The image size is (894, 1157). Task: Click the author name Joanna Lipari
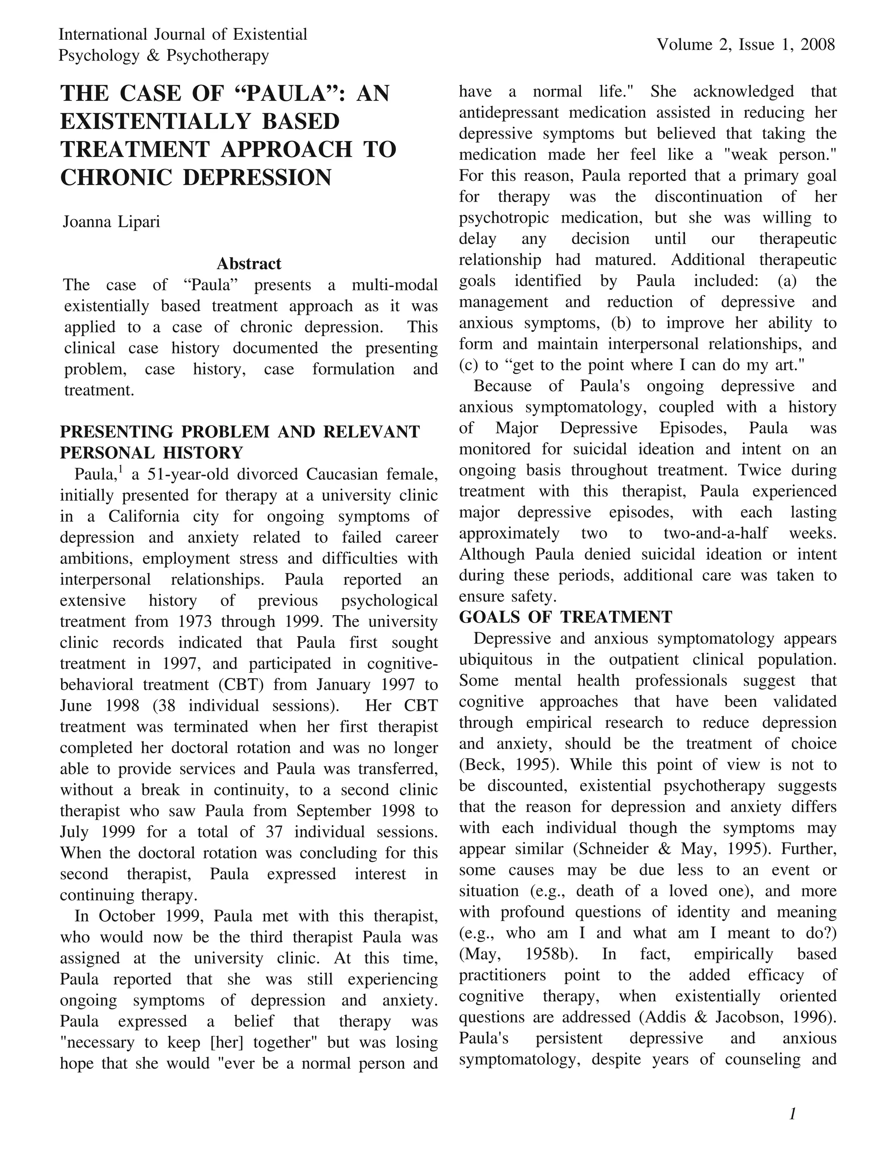111,221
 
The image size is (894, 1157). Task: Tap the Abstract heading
249,263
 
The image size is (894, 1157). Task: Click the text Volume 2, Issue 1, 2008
746,45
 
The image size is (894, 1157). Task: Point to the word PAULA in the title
286,94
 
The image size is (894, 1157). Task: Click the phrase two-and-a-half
715,533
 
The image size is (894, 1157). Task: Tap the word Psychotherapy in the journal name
218,55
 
